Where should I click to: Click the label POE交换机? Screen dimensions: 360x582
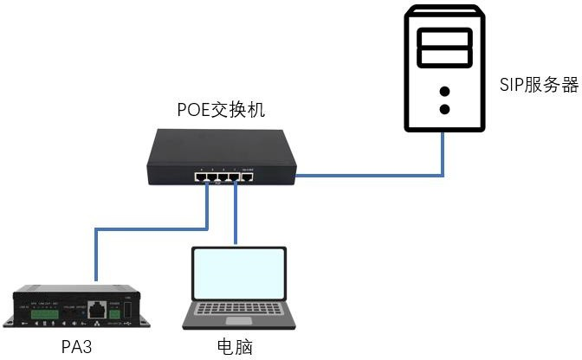click(x=220, y=111)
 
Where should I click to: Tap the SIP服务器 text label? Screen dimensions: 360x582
click(x=538, y=85)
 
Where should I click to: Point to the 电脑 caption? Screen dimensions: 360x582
click(x=235, y=347)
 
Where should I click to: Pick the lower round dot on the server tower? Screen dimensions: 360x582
click(x=445, y=110)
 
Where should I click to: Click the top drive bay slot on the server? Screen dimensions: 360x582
click(x=445, y=38)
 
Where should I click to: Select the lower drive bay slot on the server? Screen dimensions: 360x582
click(x=445, y=57)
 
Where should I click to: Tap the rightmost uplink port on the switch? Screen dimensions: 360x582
click(x=247, y=177)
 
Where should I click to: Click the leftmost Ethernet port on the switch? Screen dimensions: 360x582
click(x=201, y=177)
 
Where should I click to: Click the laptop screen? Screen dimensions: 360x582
click(x=236, y=273)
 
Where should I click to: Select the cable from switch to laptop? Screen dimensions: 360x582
click(x=236, y=216)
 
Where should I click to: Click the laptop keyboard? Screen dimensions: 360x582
click(x=236, y=308)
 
